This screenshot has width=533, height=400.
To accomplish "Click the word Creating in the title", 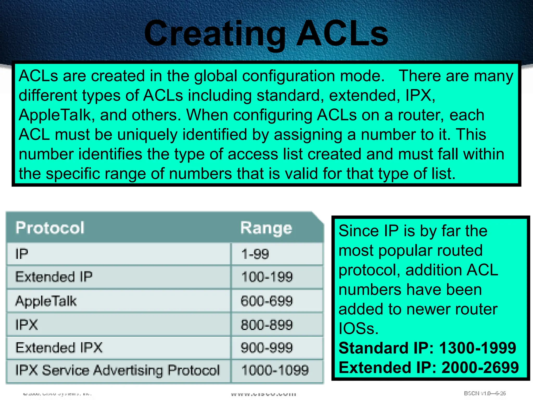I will (x=215, y=34).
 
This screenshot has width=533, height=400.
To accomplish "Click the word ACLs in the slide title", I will (x=342, y=34).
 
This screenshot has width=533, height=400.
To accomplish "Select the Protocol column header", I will (x=50, y=228).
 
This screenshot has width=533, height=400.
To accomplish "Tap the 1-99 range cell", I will (x=255, y=254).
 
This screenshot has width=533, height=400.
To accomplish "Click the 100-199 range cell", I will (x=267, y=277).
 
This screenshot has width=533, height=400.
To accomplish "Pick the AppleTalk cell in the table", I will (x=46, y=301).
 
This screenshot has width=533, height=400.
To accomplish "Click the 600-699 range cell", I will (x=267, y=301).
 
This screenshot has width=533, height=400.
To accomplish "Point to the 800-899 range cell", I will (x=267, y=325).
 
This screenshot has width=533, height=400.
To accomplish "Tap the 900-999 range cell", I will (x=267, y=348).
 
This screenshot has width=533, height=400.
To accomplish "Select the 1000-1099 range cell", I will (x=275, y=370).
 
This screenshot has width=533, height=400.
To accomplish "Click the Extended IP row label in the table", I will (x=54, y=277).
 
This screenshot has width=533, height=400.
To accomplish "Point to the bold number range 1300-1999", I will (x=478, y=348).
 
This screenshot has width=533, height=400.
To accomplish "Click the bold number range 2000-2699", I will (x=480, y=367).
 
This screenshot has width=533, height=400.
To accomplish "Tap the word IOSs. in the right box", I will (x=358, y=329).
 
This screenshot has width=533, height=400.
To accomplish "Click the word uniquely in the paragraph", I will (x=147, y=135).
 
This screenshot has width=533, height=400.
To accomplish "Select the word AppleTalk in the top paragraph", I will (x=54, y=115).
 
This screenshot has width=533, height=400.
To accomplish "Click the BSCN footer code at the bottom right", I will (x=485, y=393).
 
